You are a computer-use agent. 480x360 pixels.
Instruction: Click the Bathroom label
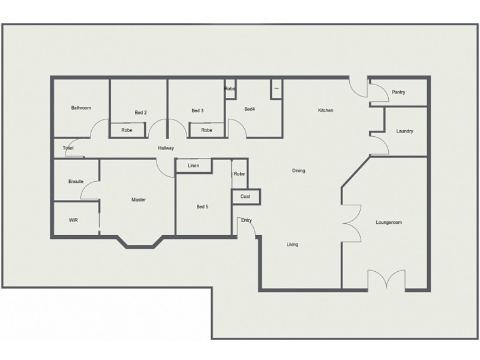[x=81, y=108]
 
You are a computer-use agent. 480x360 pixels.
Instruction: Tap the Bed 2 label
[x=141, y=112]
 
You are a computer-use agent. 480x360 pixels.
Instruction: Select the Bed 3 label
[x=198, y=110]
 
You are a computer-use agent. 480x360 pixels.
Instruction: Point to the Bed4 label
[x=250, y=109]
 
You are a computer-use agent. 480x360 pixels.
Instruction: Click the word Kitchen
[x=326, y=110]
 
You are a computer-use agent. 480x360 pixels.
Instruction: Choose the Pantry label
[x=398, y=92]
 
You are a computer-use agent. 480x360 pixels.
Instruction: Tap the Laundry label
[x=405, y=131]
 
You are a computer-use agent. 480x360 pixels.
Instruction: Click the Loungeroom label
[x=389, y=223]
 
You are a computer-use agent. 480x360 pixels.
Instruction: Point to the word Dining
[x=299, y=171]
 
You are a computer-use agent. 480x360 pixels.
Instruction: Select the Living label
[x=292, y=245]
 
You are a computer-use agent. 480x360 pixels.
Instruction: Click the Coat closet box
[x=246, y=197]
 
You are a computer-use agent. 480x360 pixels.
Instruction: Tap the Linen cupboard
[x=193, y=166]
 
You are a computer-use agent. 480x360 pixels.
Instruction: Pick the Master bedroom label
[x=139, y=200]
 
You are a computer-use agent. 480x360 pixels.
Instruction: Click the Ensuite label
[x=76, y=181]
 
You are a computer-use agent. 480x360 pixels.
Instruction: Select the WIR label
[x=73, y=220]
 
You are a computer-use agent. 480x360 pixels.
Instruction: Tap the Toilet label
[x=68, y=148]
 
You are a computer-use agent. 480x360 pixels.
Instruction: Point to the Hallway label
[x=166, y=148]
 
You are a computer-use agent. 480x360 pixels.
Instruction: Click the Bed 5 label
[x=203, y=207]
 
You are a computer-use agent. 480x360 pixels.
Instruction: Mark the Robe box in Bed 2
[x=127, y=130]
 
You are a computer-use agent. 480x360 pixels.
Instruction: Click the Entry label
[x=247, y=221]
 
